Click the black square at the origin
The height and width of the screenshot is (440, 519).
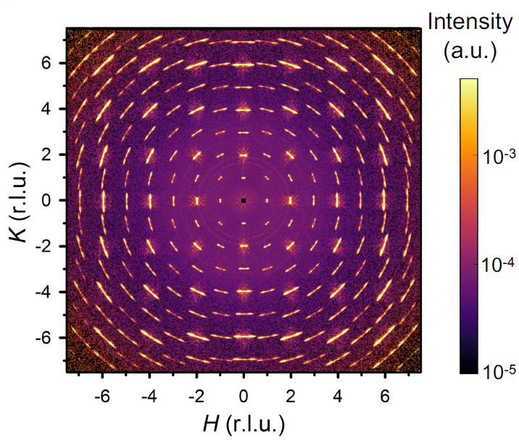(244, 200)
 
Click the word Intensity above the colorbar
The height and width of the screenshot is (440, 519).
(469, 22)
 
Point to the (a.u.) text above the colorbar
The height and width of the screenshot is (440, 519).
(469, 51)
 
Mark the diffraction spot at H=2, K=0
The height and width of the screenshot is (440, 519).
(291, 200)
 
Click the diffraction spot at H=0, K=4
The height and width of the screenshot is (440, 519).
(244, 109)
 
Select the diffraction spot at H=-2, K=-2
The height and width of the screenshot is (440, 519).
(197, 246)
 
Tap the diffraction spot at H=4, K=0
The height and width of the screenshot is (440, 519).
(337, 200)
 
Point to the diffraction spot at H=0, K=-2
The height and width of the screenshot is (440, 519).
(244, 246)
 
